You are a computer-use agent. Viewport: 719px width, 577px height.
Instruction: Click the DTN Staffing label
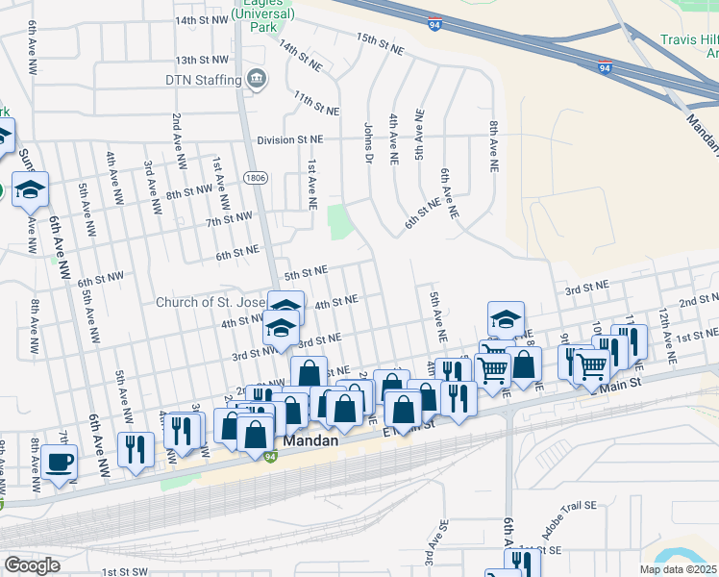tap(201, 79)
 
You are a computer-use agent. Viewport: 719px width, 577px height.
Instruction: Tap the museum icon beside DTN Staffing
tap(256, 79)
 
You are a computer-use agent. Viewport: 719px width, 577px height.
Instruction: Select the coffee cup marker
tap(59, 462)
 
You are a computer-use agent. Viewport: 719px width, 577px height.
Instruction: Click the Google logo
tap(32, 564)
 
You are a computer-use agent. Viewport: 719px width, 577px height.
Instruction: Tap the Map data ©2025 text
tap(678, 569)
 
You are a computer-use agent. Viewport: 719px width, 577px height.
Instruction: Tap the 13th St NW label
tap(202, 59)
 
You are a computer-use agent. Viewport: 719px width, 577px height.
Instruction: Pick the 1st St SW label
tap(125, 571)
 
